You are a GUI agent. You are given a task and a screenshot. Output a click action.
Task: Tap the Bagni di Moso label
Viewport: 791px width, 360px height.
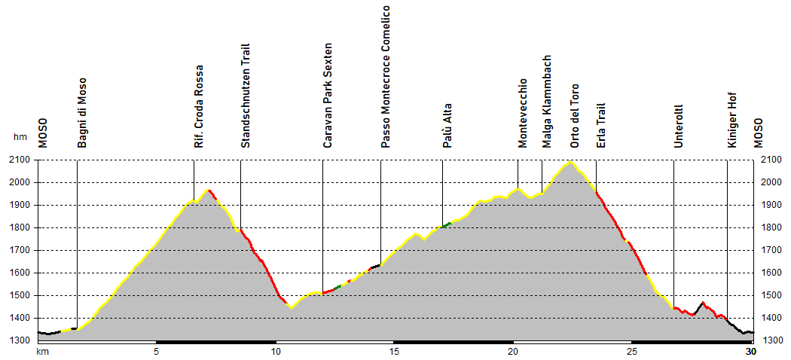point(82,112)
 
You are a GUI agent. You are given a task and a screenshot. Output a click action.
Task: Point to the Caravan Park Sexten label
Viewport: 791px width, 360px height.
point(328,95)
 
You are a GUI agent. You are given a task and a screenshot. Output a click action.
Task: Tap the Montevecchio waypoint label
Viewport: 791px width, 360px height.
point(523,112)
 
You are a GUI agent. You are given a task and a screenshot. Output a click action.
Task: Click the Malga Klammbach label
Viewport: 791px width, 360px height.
point(547,101)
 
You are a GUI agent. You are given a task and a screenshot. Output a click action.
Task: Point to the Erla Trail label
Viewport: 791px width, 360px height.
point(601,125)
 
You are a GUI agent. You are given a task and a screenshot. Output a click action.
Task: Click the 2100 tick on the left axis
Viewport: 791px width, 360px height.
point(21,160)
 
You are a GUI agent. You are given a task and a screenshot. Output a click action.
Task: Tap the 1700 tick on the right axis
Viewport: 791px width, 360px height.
point(772,250)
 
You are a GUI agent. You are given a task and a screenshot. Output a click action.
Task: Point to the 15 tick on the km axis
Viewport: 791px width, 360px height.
point(394,352)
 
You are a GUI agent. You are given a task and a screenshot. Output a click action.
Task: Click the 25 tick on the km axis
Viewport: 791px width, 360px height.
point(632,352)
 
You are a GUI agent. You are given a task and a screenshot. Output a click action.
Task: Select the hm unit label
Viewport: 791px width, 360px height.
point(20,138)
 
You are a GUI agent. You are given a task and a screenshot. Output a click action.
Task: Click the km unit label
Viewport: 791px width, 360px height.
point(42,352)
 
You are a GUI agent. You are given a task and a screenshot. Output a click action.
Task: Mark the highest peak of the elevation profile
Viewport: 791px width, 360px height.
point(570,162)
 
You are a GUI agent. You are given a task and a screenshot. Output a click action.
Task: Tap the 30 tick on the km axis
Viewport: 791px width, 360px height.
point(750,352)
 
